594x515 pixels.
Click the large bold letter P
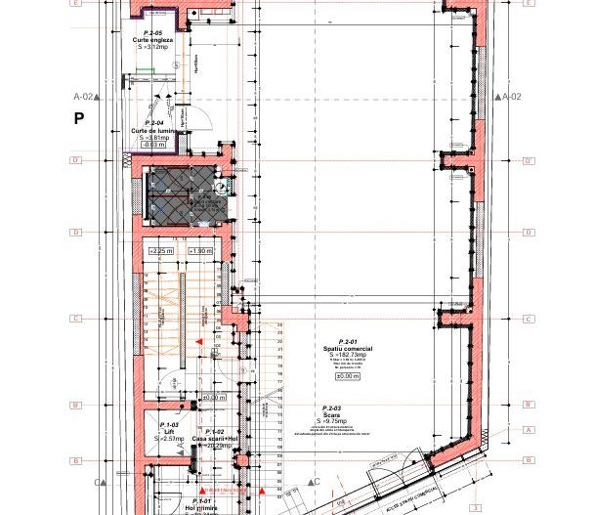79,118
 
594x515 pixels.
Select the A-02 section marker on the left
84,97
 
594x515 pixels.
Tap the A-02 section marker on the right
511,97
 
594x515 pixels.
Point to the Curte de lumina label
153,130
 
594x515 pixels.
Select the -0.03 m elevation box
153,145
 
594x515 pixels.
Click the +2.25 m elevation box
160,251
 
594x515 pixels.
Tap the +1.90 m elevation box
199,251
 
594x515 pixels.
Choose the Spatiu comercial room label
348,348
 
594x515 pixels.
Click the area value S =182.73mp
348,355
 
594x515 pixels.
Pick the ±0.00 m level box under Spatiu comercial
348,376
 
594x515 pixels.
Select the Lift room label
169,431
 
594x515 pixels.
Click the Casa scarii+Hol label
214,439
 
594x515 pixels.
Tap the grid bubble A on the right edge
529,430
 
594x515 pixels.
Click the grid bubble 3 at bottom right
476,508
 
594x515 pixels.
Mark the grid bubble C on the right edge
529,319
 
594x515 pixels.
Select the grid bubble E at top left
76,3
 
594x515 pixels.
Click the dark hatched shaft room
186,194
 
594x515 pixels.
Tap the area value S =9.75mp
332,421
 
